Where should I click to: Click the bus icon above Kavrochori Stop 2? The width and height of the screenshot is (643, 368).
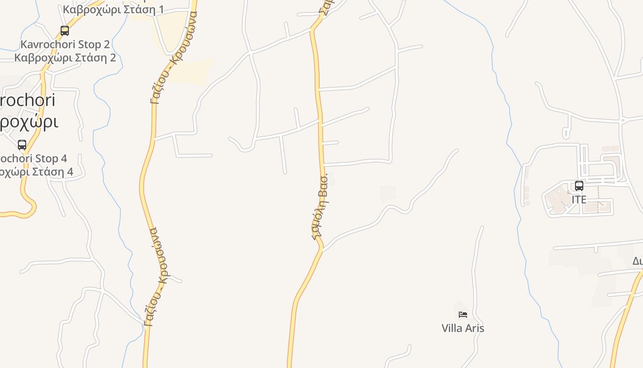point(65,31)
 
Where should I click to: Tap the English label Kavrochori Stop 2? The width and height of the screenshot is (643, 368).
point(65,45)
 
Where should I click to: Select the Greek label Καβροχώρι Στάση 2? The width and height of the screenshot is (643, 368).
point(65,58)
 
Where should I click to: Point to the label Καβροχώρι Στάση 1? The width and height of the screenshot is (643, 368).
point(113,10)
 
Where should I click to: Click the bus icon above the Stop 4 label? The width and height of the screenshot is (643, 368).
point(22,145)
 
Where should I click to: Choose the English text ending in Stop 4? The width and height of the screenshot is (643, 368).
point(33,159)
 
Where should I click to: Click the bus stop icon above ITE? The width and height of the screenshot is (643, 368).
point(579,186)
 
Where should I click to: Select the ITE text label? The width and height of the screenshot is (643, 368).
point(579,200)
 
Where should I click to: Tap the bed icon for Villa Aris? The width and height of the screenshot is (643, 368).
point(463,315)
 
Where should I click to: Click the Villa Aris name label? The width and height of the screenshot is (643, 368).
point(463,328)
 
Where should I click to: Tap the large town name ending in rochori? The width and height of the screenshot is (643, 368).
point(28,100)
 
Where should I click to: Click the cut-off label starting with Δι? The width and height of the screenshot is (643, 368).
point(637,261)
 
